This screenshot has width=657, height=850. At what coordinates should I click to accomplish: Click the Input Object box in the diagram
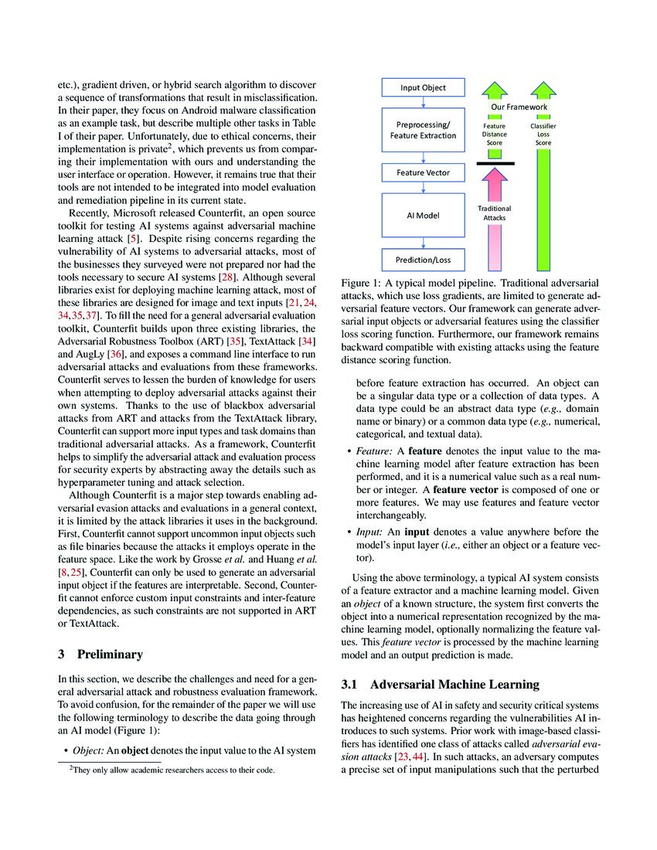(422, 87)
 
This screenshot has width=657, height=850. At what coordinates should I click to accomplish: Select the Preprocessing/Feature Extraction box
(422, 129)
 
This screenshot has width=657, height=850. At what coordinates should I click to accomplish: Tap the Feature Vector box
(422, 173)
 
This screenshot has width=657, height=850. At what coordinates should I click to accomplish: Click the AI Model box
(422, 215)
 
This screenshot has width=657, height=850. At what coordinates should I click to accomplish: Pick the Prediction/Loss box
(422, 258)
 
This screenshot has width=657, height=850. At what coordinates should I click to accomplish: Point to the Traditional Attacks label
(495, 213)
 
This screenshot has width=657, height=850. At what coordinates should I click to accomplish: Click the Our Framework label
(519, 107)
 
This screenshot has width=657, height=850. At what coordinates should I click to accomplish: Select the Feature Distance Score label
(495, 134)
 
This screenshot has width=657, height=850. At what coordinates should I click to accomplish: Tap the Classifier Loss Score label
(543, 134)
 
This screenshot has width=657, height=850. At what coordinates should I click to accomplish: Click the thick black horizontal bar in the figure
(495, 164)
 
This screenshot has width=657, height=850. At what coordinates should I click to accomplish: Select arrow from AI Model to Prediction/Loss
(422, 243)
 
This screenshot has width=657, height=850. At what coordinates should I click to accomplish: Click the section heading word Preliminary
(110, 654)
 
